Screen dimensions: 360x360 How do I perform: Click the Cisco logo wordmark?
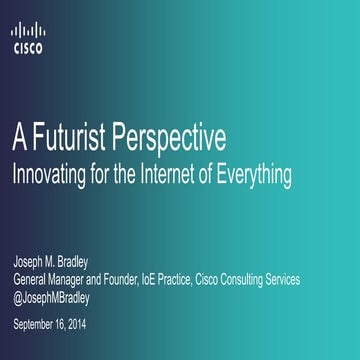27,46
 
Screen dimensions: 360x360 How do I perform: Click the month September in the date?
36,323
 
